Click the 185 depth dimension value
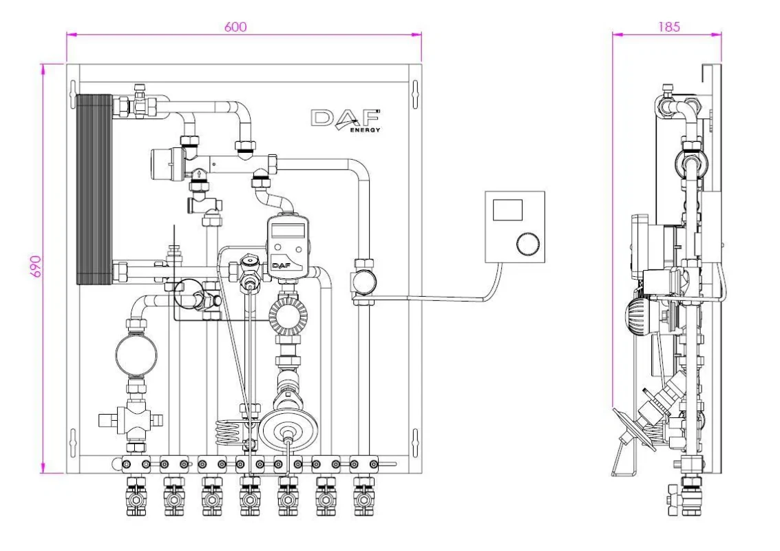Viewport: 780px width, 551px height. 668,27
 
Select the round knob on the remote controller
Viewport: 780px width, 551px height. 527,244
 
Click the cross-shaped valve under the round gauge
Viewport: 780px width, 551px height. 134,417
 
